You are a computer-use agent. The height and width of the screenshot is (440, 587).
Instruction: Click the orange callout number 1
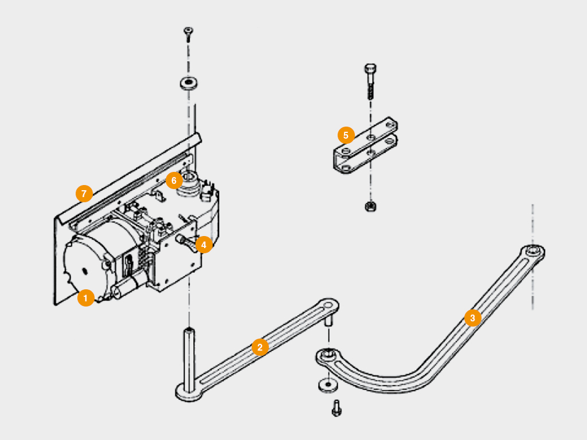click(85, 298)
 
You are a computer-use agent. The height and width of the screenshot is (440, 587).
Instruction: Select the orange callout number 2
click(260, 347)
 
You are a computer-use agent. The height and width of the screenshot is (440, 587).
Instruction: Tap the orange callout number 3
click(472, 318)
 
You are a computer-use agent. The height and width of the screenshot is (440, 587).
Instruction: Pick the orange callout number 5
click(346, 136)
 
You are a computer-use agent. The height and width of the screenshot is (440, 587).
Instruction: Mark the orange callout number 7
click(84, 194)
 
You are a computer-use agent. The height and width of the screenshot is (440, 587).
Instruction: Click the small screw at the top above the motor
click(188, 32)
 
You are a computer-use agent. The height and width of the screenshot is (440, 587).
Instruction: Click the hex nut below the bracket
click(370, 206)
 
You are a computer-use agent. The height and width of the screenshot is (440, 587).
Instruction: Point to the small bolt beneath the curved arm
click(336, 408)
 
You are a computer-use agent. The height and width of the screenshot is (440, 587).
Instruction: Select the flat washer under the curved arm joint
click(327, 383)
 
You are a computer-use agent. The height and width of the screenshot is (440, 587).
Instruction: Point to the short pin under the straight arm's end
click(329, 321)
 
